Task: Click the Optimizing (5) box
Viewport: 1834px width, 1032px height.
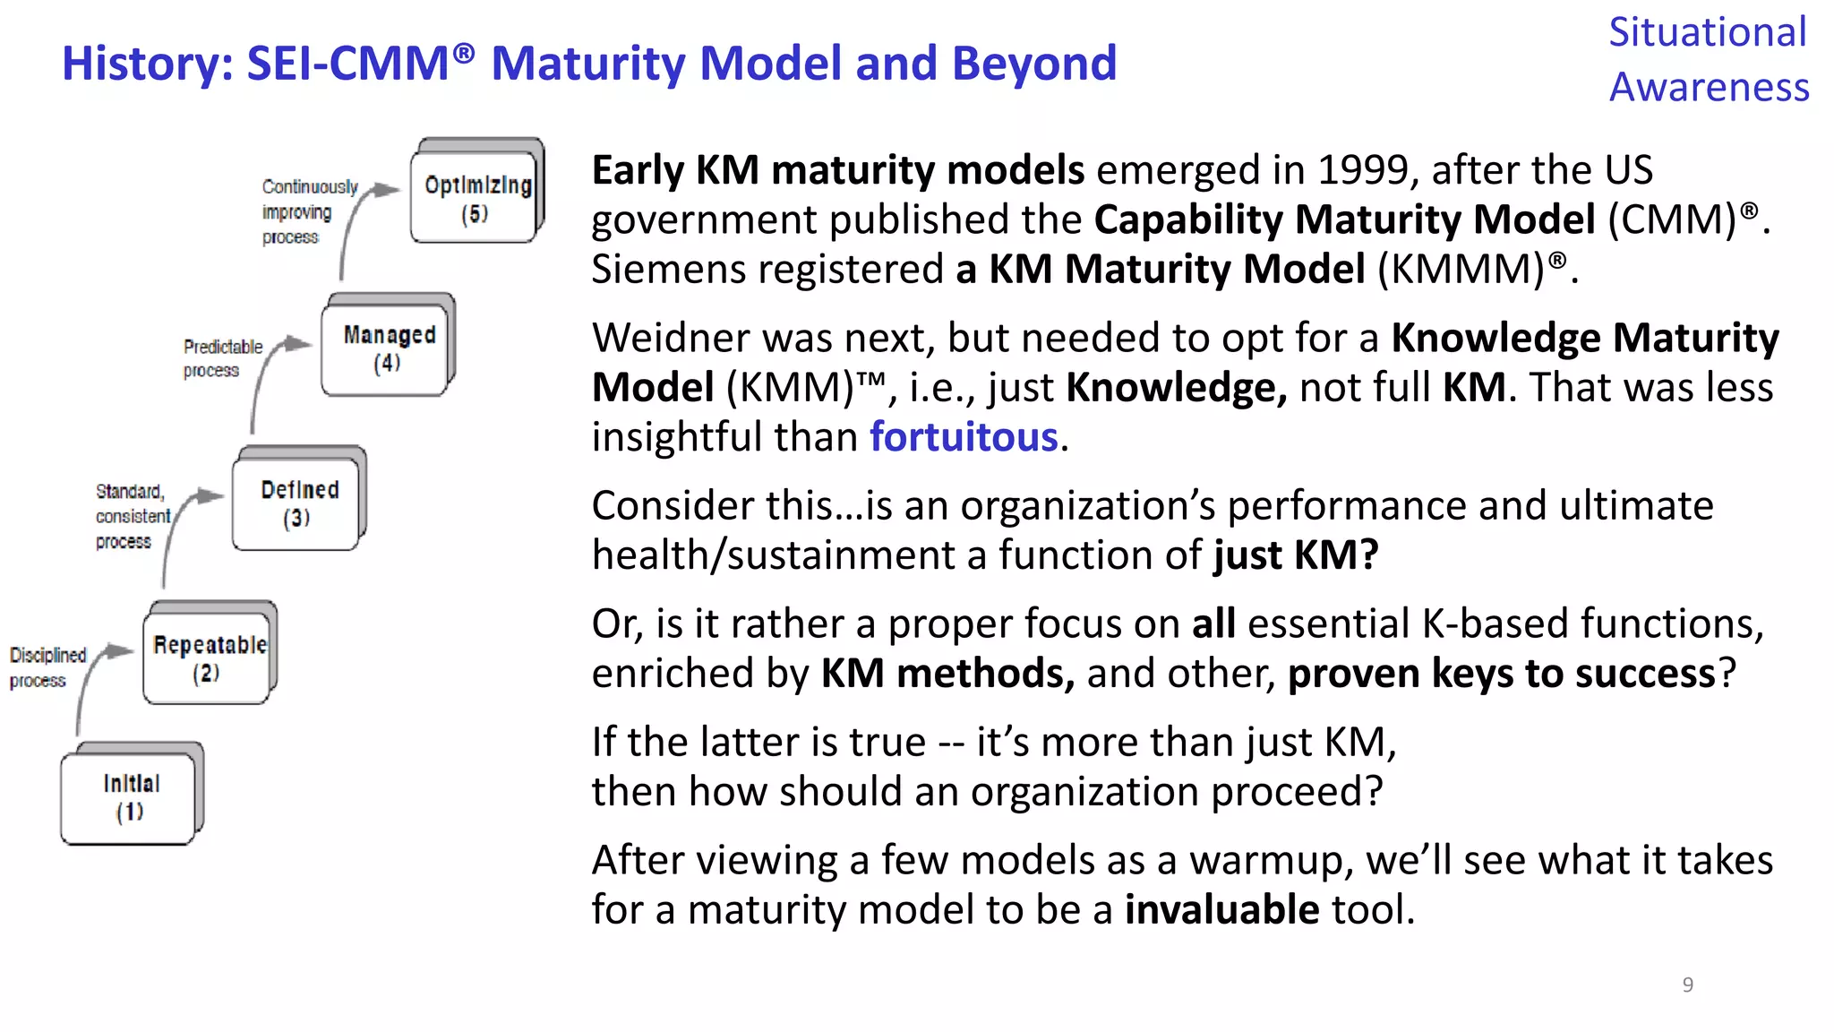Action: click(476, 197)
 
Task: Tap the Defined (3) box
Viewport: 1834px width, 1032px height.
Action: click(299, 503)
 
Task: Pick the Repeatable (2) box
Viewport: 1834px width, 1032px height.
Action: click(209, 657)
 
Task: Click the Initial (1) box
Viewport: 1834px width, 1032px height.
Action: click(131, 796)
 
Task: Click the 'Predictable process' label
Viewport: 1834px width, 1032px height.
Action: click(222, 358)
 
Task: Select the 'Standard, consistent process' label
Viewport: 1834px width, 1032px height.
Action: click(131, 517)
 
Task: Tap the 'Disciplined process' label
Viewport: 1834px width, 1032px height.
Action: click(47, 667)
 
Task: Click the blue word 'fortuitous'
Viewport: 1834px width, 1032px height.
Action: click(964, 437)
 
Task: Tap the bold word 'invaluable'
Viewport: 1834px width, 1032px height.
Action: click(1221, 910)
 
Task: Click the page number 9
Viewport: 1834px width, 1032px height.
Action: click(1687, 985)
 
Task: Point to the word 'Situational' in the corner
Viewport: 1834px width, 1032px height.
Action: click(1707, 33)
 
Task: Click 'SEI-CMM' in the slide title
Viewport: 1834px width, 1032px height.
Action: click(347, 64)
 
